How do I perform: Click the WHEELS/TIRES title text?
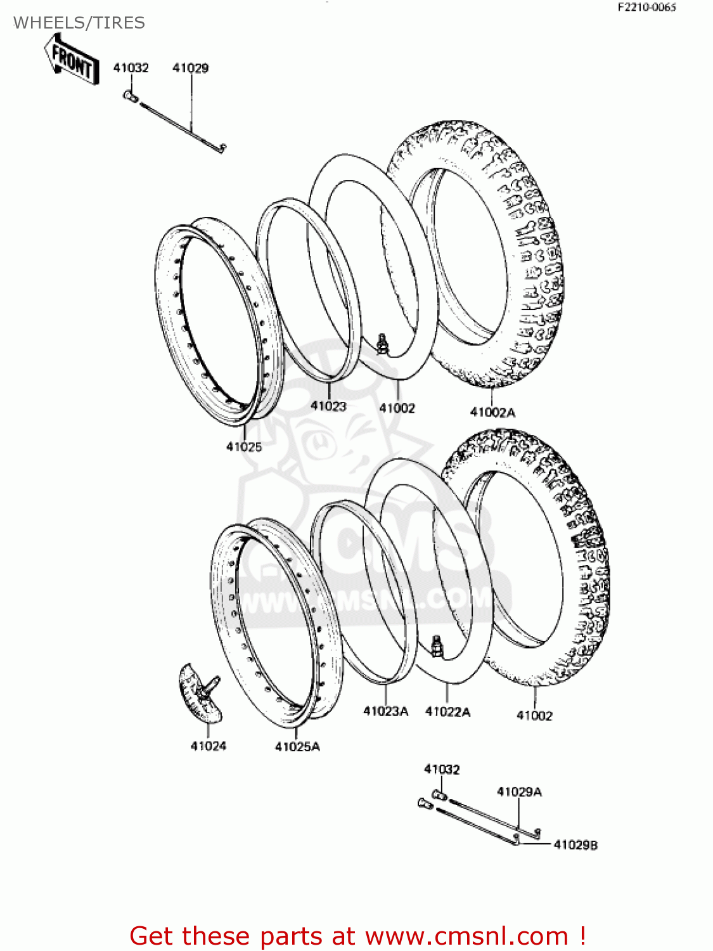point(79,23)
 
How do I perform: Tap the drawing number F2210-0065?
point(646,8)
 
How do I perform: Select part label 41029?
point(190,68)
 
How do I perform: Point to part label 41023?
point(328,406)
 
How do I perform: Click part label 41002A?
point(492,412)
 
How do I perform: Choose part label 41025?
point(244,446)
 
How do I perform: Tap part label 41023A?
point(385,711)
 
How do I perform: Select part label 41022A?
point(447,712)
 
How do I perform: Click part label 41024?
point(208,746)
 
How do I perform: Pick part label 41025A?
point(297,747)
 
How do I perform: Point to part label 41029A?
point(519,791)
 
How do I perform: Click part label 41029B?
point(575,844)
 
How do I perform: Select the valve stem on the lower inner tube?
point(436,647)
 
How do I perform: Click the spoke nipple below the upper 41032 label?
point(131,97)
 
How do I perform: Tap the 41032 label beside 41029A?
point(442,769)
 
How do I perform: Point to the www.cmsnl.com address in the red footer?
point(466,936)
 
